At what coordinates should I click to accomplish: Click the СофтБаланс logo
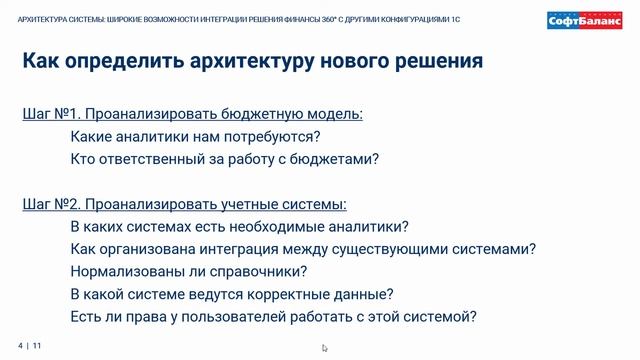[x=585, y=21]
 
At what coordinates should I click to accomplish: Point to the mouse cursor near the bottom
[x=324, y=348]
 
